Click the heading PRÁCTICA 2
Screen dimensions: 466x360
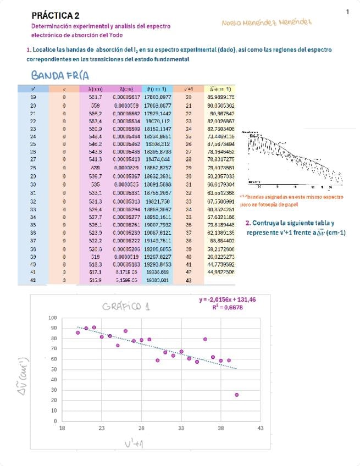click(56, 16)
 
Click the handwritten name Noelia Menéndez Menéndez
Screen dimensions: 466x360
click(267, 23)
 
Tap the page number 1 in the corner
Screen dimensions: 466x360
click(348, 12)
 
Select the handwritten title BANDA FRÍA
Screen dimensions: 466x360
click(60, 76)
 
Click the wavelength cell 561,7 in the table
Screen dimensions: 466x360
click(95, 96)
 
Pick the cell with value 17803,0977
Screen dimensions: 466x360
click(157, 96)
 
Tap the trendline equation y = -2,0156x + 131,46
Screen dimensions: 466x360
click(228, 299)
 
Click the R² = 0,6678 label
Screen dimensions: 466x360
click(228, 307)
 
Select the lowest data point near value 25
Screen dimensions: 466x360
click(236, 395)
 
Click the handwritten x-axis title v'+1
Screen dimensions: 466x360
click(135, 443)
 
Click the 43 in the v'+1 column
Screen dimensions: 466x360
click(189, 280)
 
